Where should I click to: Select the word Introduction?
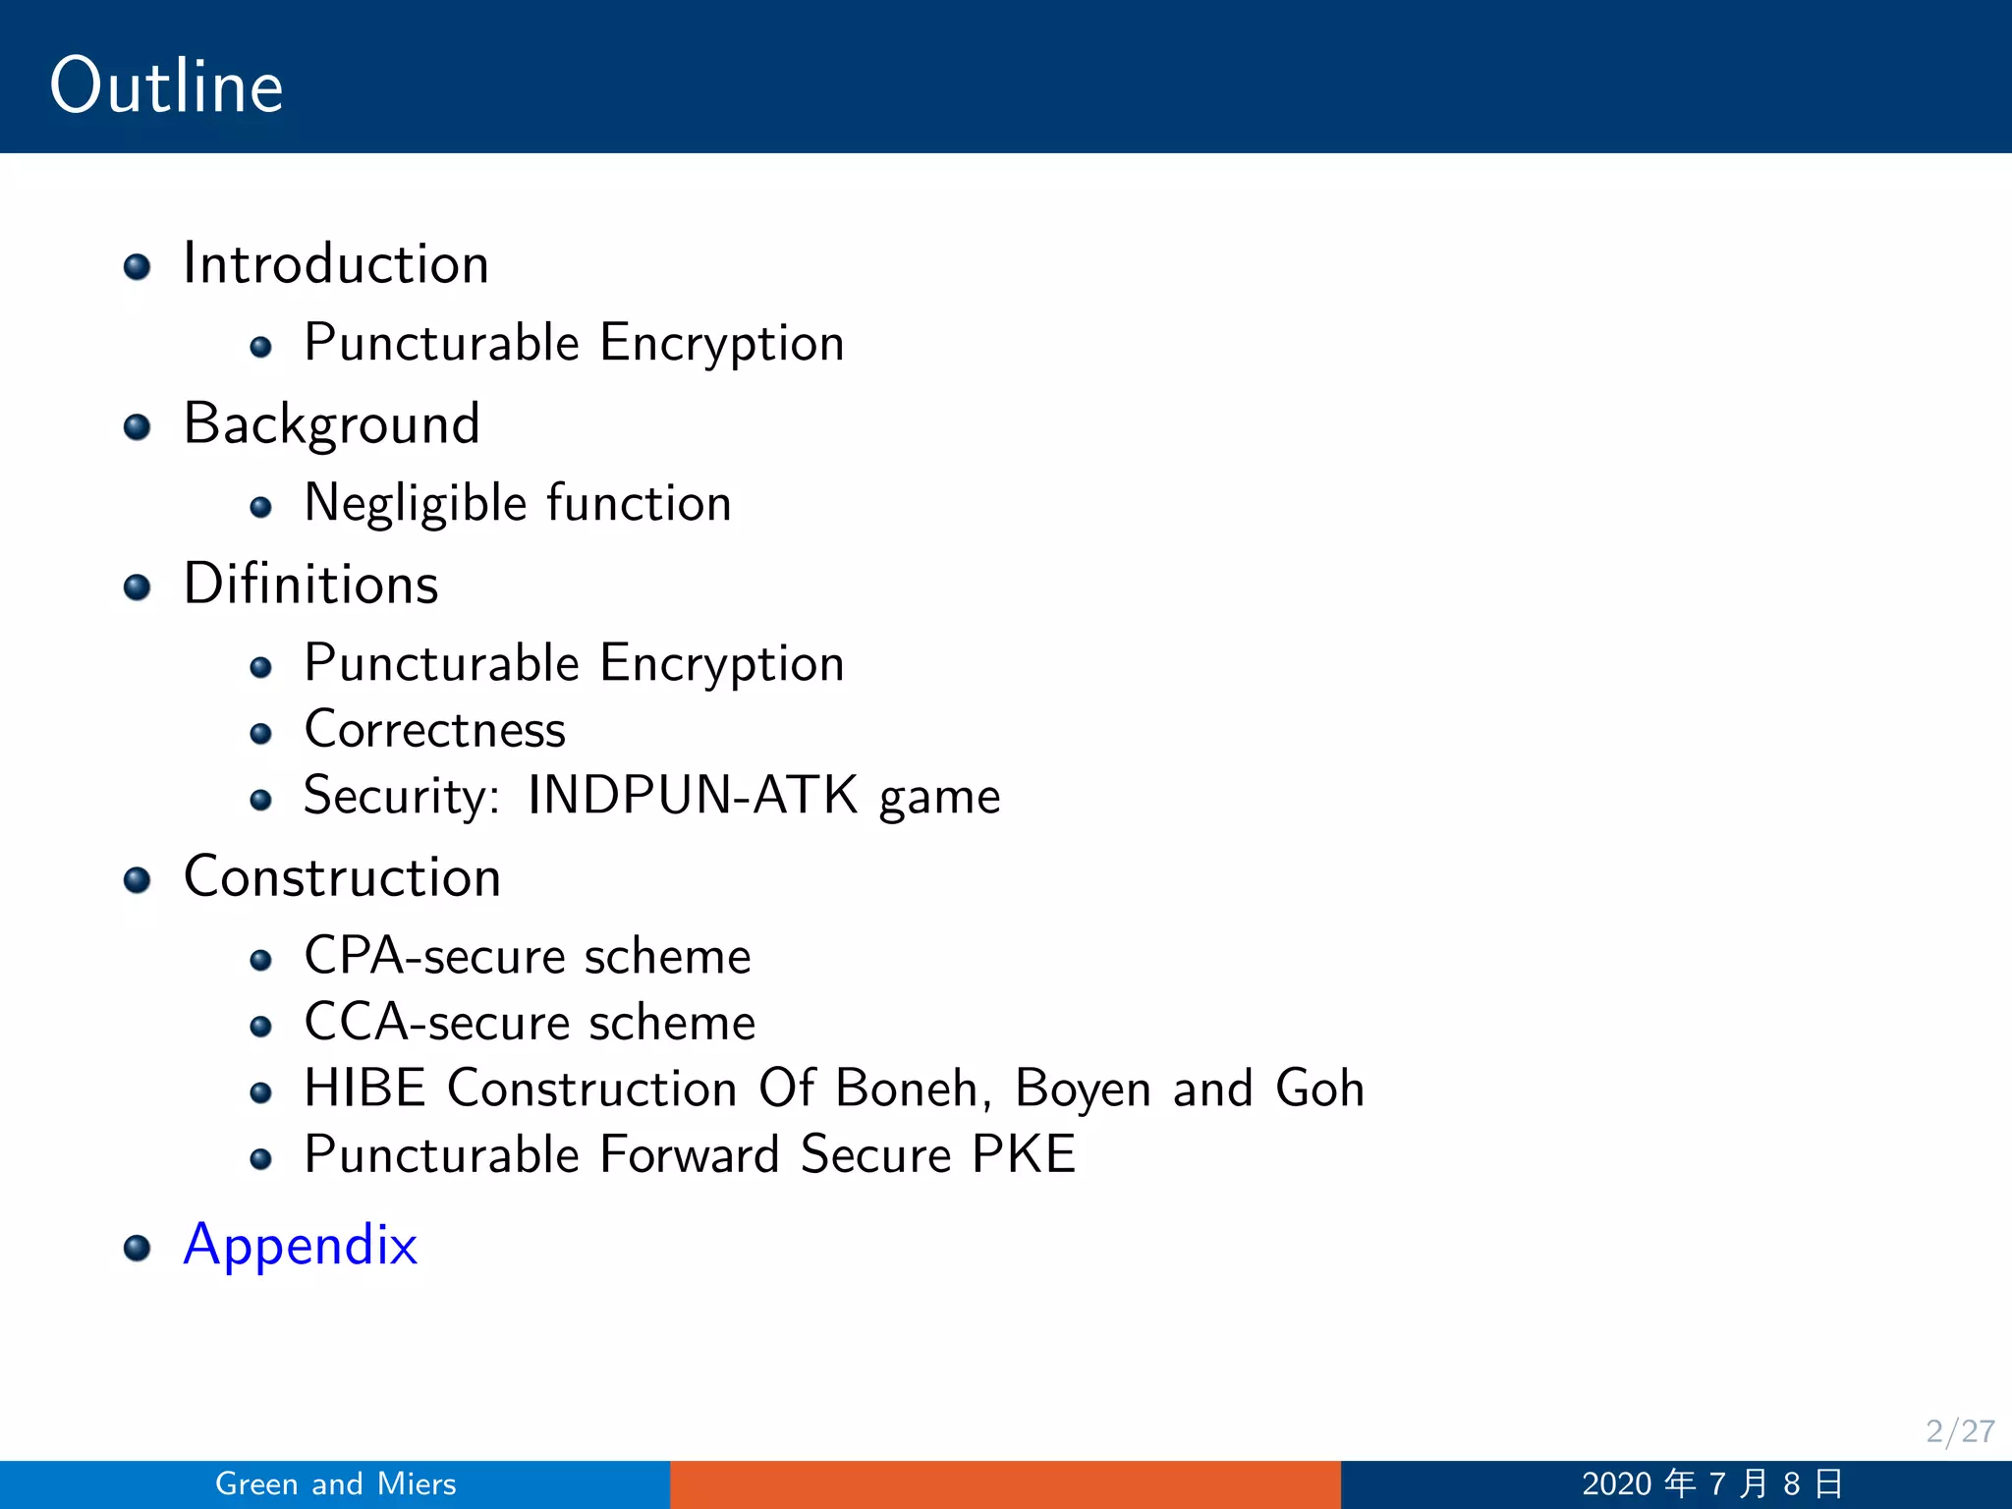click(336, 264)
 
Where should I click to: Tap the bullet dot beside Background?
click(138, 427)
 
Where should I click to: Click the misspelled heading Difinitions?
click(310, 585)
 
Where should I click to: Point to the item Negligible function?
click(518, 504)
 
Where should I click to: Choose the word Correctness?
click(435, 730)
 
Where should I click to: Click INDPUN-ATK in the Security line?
click(693, 795)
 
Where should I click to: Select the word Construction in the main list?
click(342, 877)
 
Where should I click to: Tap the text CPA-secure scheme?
click(528, 957)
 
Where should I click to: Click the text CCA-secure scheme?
click(530, 1023)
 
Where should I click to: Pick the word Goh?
click(1319, 1089)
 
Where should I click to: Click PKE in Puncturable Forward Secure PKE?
click(1024, 1154)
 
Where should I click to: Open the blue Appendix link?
click(301, 1246)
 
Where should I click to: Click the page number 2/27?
click(1959, 1431)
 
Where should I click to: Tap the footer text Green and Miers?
click(336, 1483)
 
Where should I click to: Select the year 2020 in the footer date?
click(1617, 1483)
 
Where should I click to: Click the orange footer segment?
click(1005, 1484)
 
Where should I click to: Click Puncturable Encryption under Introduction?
click(574, 344)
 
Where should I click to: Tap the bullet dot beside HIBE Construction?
click(260, 1092)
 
